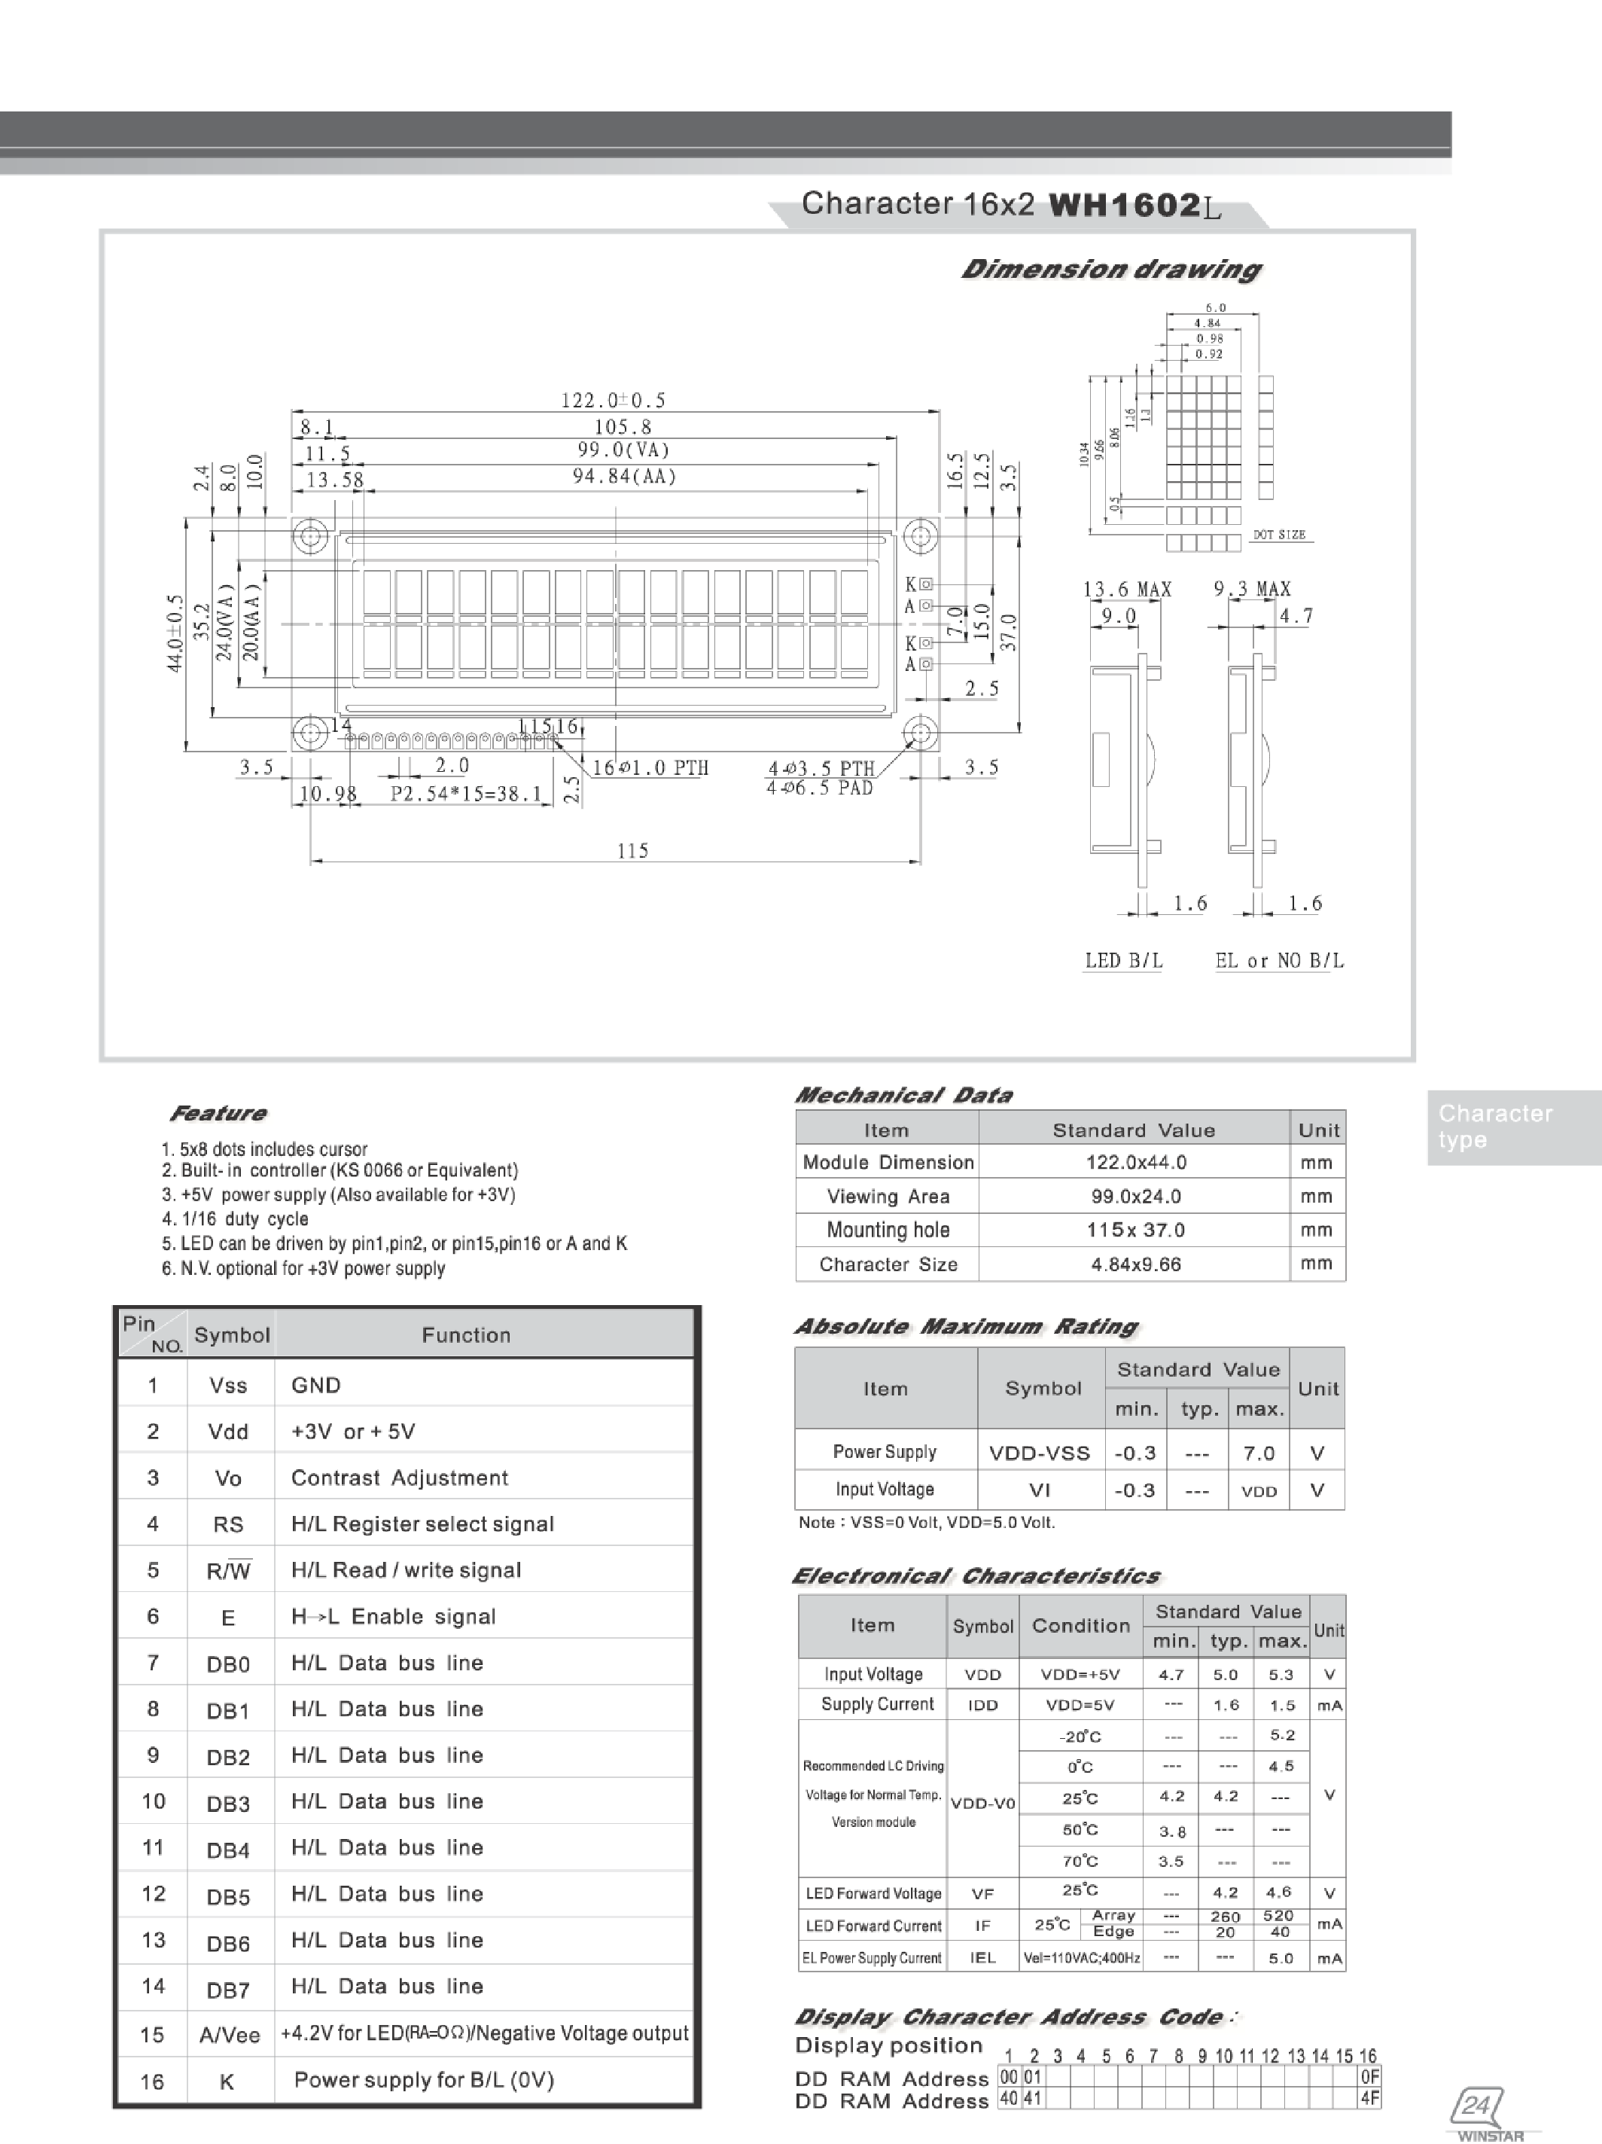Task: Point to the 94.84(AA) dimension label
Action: click(x=624, y=476)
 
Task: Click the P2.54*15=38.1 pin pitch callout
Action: click(x=466, y=794)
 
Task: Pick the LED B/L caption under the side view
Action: click(x=1123, y=960)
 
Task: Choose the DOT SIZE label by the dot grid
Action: click(x=1278, y=534)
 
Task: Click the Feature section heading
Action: click(x=218, y=1113)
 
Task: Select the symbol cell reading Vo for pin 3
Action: click(x=228, y=1478)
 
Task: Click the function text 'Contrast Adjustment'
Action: click(x=399, y=1478)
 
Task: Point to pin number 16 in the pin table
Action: click(x=152, y=2081)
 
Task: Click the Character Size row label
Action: click(x=888, y=1264)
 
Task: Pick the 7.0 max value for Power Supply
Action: click(x=1258, y=1453)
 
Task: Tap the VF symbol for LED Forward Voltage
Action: click(x=982, y=1893)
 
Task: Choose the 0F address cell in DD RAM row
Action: click(x=1369, y=2077)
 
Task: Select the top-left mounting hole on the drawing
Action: click(x=310, y=535)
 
